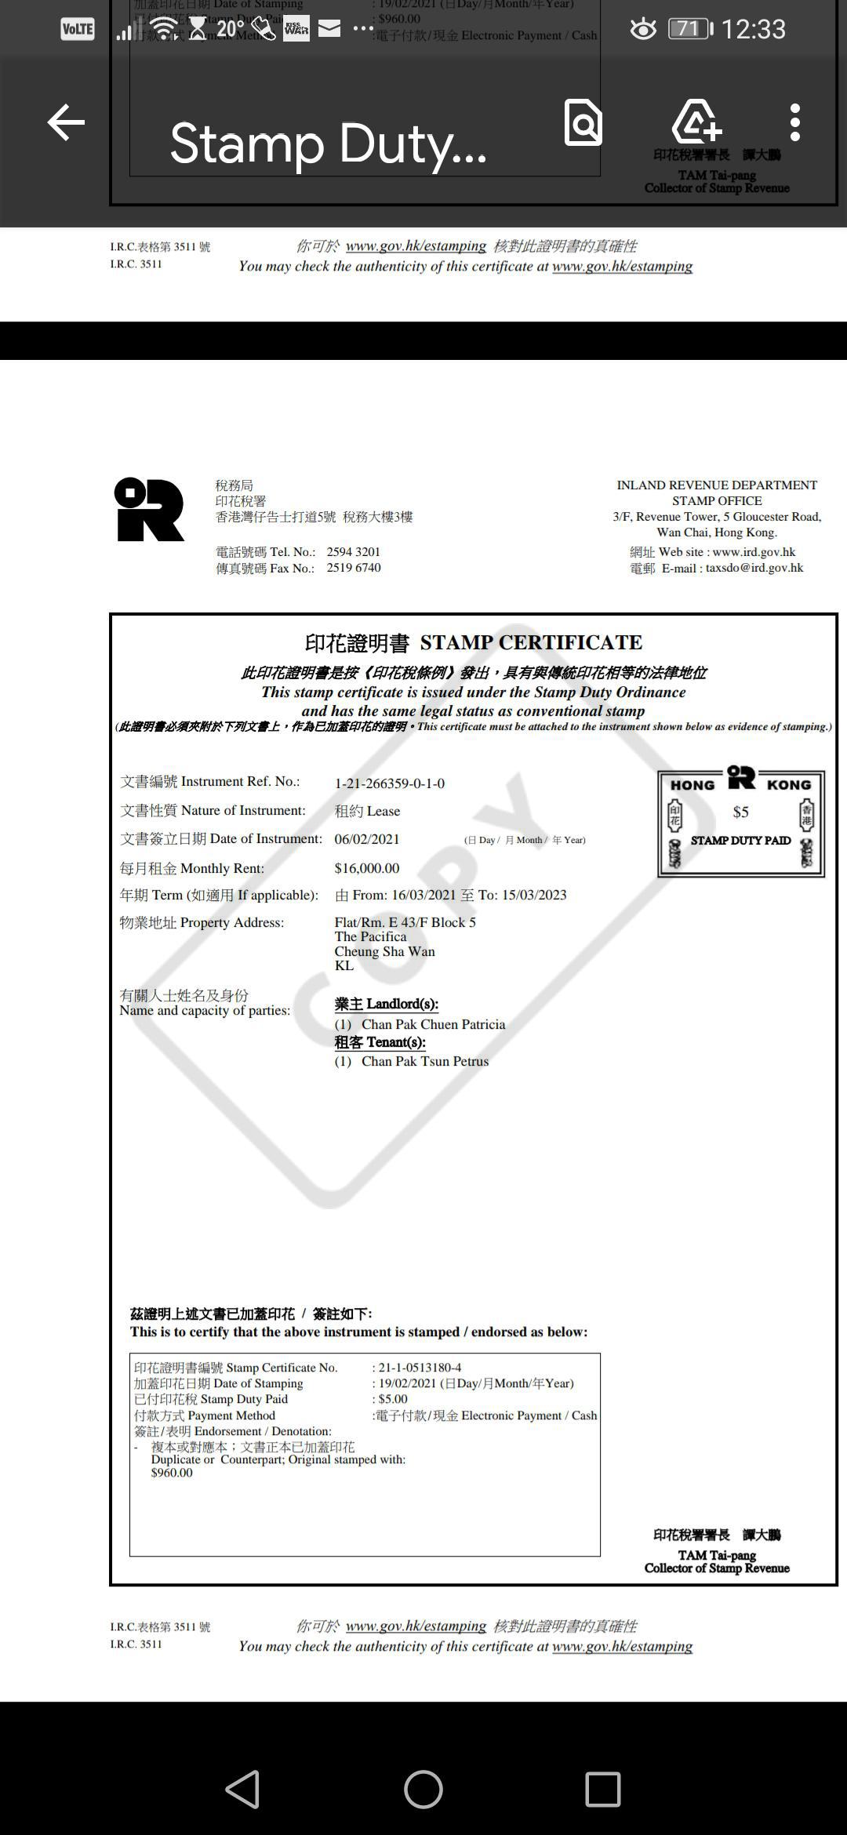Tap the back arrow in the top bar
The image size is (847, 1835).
tap(66, 123)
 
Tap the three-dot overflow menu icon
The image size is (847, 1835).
tap(794, 123)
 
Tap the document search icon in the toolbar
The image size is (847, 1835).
tap(583, 123)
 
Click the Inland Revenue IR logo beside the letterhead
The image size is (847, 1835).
tap(149, 510)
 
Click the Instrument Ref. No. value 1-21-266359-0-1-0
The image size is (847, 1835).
tap(389, 783)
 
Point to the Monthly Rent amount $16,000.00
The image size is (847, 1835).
tap(366, 868)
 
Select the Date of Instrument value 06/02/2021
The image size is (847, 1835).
tap(366, 839)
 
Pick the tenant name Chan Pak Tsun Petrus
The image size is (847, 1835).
tap(424, 1061)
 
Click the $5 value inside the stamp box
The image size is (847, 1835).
tap(740, 812)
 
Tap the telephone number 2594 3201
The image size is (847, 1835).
tap(353, 552)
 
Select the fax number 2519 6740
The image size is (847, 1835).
tap(353, 568)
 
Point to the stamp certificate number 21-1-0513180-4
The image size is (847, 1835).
tap(420, 1368)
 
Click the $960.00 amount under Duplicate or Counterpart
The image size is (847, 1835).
tap(172, 1473)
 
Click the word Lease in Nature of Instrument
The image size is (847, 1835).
tap(383, 811)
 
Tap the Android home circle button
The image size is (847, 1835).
tap(423, 1790)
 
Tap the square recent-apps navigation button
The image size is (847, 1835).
tap(603, 1790)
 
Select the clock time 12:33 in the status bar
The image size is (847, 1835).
tap(753, 30)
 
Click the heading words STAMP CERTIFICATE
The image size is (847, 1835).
tap(531, 643)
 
